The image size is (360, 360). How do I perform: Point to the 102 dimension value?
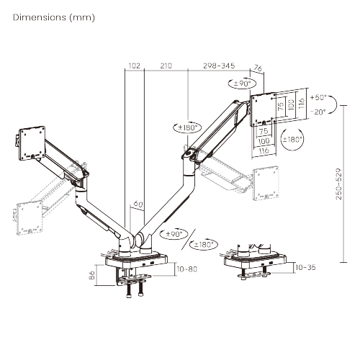click(x=133, y=66)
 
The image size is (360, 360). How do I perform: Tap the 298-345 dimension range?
click(x=219, y=66)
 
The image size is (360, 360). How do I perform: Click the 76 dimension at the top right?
click(x=259, y=68)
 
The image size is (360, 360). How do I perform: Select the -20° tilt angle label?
click(x=318, y=112)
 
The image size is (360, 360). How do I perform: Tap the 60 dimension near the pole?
click(x=138, y=204)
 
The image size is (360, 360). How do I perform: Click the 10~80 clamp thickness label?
click(x=186, y=269)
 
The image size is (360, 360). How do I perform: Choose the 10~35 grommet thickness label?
click(x=305, y=266)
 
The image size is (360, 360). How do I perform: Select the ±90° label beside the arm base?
click(x=175, y=234)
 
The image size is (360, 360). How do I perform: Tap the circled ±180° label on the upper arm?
click(x=187, y=127)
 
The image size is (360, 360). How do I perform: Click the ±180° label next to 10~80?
click(x=204, y=244)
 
